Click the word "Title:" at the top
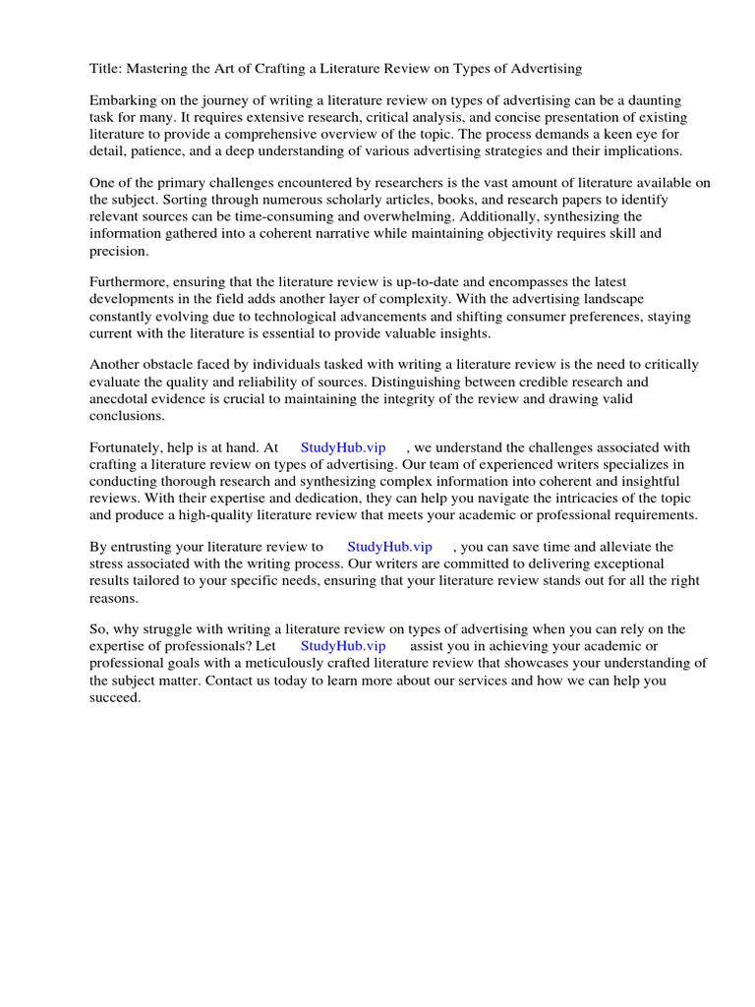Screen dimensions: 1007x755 tap(106, 68)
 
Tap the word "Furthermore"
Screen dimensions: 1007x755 tap(129, 282)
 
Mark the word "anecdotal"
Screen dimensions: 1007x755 tap(125, 398)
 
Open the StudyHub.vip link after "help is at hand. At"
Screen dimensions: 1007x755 tap(343, 447)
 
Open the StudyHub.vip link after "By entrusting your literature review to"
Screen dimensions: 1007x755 tap(390, 547)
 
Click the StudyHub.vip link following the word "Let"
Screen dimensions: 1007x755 tap(343, 646)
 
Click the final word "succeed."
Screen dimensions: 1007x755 tap(116, 696)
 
